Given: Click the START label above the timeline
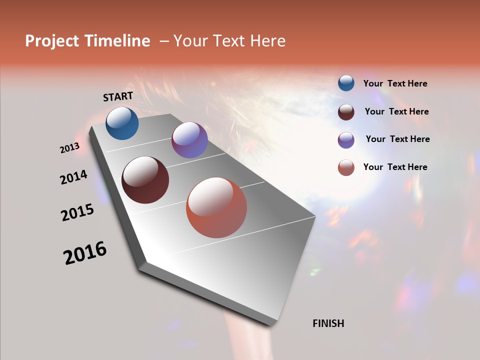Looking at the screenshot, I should [x=118, y=96].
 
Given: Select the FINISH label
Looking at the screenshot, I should [x=328, y=323].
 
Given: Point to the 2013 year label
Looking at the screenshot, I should [x=70, y=148].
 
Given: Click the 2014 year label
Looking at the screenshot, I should [x=74, y=177].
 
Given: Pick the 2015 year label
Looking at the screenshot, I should [x=77, y=212].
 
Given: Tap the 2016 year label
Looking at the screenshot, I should [x=85, y=253].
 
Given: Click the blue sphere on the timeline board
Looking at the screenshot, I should [x=122, y=123].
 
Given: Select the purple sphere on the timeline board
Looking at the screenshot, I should [x=189, y=140].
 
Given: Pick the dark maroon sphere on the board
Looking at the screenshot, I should [x=145, y=180].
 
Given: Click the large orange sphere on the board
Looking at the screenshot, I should [x=216, y=207].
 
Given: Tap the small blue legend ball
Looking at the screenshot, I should [x=346, y=83].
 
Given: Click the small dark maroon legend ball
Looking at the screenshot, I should [x=346, y=112].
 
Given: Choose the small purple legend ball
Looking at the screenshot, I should [x=346, y=140].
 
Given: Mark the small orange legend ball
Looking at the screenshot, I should [x=346, y=167].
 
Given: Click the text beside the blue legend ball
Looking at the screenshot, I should [x=395, y=84].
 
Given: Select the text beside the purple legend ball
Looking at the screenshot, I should [x=397, y=139].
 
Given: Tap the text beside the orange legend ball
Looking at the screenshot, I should [x=395, y=167].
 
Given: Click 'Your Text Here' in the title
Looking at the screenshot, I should [x=229, y=41].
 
